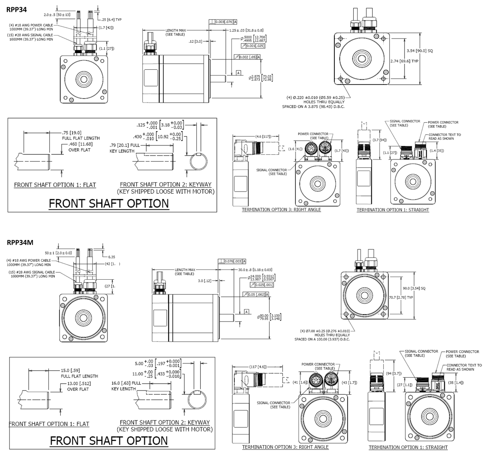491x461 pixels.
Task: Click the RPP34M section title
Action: pos(20,242)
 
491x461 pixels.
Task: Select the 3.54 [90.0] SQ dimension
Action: pos(420,51)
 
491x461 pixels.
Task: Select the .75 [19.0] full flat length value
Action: pos(72,133)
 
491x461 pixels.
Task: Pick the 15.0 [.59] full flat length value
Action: pos(71,371)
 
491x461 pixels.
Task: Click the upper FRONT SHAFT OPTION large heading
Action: pos(109,203)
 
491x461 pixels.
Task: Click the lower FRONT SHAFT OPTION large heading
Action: pos(109,440)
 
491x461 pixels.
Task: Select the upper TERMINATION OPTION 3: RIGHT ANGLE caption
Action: pos(281,210)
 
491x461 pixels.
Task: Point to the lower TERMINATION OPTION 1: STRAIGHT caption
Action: pos(408,447)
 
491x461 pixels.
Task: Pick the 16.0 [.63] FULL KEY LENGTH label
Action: pos(126,386)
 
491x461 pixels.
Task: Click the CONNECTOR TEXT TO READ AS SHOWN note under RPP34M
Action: pos(464,367)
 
